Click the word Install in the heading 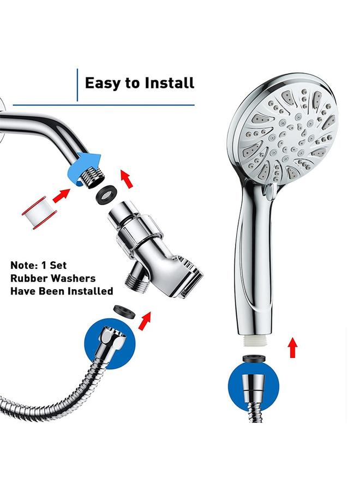click(169, 83)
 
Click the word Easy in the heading click(104, 83)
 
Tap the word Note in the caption click(26, 266)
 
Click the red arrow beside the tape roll click(62, 195)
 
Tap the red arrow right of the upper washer click(126, 178)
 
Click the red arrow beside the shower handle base click(293, 347)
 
